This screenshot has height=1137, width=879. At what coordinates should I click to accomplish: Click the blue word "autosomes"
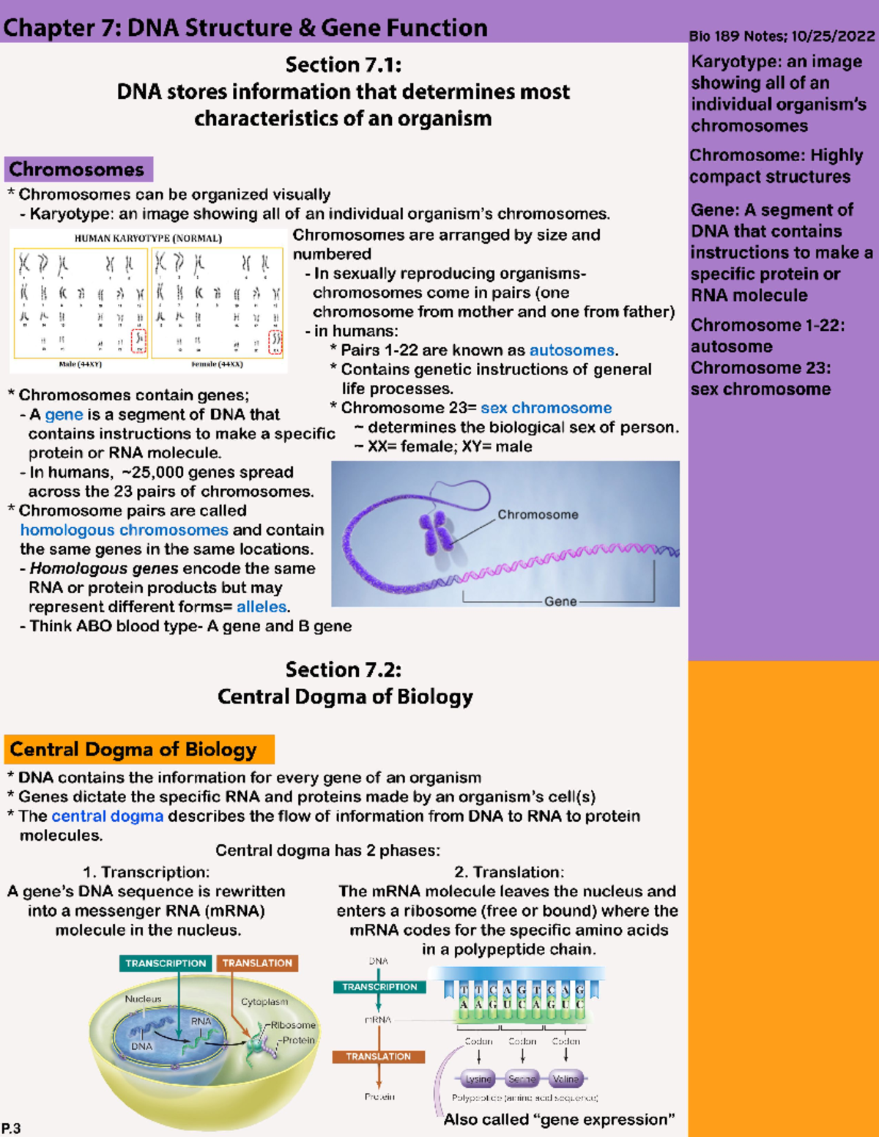tap(571, 351)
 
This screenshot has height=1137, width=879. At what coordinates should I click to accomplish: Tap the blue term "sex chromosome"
tap(546, 408)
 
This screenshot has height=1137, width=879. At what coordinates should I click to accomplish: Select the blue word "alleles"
tap(262, 607)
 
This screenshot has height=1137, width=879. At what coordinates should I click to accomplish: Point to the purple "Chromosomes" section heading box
tap(78, 169)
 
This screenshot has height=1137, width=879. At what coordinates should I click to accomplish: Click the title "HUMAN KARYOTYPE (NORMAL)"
tap(148, 238)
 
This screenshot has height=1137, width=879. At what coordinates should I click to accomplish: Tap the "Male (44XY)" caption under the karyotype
tap(80, 364)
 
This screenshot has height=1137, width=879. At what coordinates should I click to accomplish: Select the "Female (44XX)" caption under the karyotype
tap(217, 364)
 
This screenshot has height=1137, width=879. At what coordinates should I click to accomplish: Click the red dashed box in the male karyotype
tap(138, 341)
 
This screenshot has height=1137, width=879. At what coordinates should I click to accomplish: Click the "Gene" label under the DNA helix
tap(560, 601)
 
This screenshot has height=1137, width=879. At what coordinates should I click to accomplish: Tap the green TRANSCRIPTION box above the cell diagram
tap(166, 963)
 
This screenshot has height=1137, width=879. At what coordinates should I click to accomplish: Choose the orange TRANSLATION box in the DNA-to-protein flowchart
tap(378, 1056)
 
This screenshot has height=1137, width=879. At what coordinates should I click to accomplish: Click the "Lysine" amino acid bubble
tap(478, 1079)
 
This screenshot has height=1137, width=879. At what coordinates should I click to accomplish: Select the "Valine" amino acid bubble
tap(565, 1079)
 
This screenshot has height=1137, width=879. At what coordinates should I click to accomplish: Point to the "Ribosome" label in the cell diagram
tap(293, 1025)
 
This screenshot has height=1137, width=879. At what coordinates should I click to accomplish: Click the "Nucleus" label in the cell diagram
tap(143, 999)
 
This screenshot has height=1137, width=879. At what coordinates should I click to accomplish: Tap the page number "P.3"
tap(11, 1128)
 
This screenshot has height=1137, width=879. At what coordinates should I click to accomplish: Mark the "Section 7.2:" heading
tap(343, 670)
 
